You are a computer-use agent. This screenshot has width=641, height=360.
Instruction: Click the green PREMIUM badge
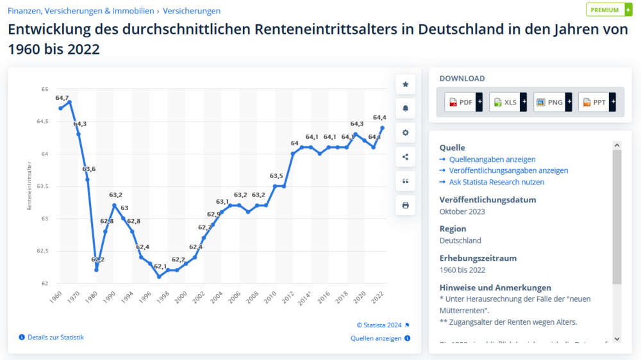608,10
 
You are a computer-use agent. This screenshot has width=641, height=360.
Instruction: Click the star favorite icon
405,84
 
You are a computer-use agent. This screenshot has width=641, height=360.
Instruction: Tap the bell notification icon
405,108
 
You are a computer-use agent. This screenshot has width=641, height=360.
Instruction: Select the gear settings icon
405,133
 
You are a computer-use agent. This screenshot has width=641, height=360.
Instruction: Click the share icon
405,157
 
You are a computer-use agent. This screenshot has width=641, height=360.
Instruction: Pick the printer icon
405,205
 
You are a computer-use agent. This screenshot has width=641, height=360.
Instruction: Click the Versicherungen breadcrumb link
192,11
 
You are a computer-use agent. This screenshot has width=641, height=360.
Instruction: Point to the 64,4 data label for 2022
379,117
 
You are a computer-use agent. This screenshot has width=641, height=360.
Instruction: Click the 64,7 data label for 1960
62,98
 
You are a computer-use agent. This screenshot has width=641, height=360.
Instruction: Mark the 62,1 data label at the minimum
160,266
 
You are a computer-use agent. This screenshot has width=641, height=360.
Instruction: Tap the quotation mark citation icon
405,181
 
